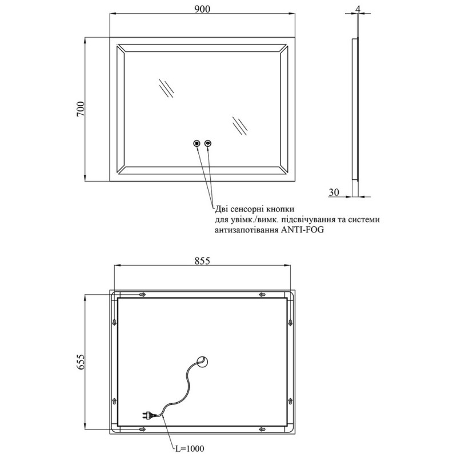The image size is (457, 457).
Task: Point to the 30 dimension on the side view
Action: coord(335,193)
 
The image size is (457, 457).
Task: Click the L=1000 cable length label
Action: coord(189,448)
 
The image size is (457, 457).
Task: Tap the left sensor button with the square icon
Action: coord(197,143)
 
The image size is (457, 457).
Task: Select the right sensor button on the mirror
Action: coord(208,143)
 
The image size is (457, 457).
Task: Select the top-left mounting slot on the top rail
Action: coord(142,295)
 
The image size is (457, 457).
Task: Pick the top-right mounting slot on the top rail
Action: coord(262,295)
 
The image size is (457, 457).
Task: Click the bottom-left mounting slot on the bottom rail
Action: coord(142,428)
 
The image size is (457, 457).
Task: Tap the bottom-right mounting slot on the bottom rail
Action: coord(262,428)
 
